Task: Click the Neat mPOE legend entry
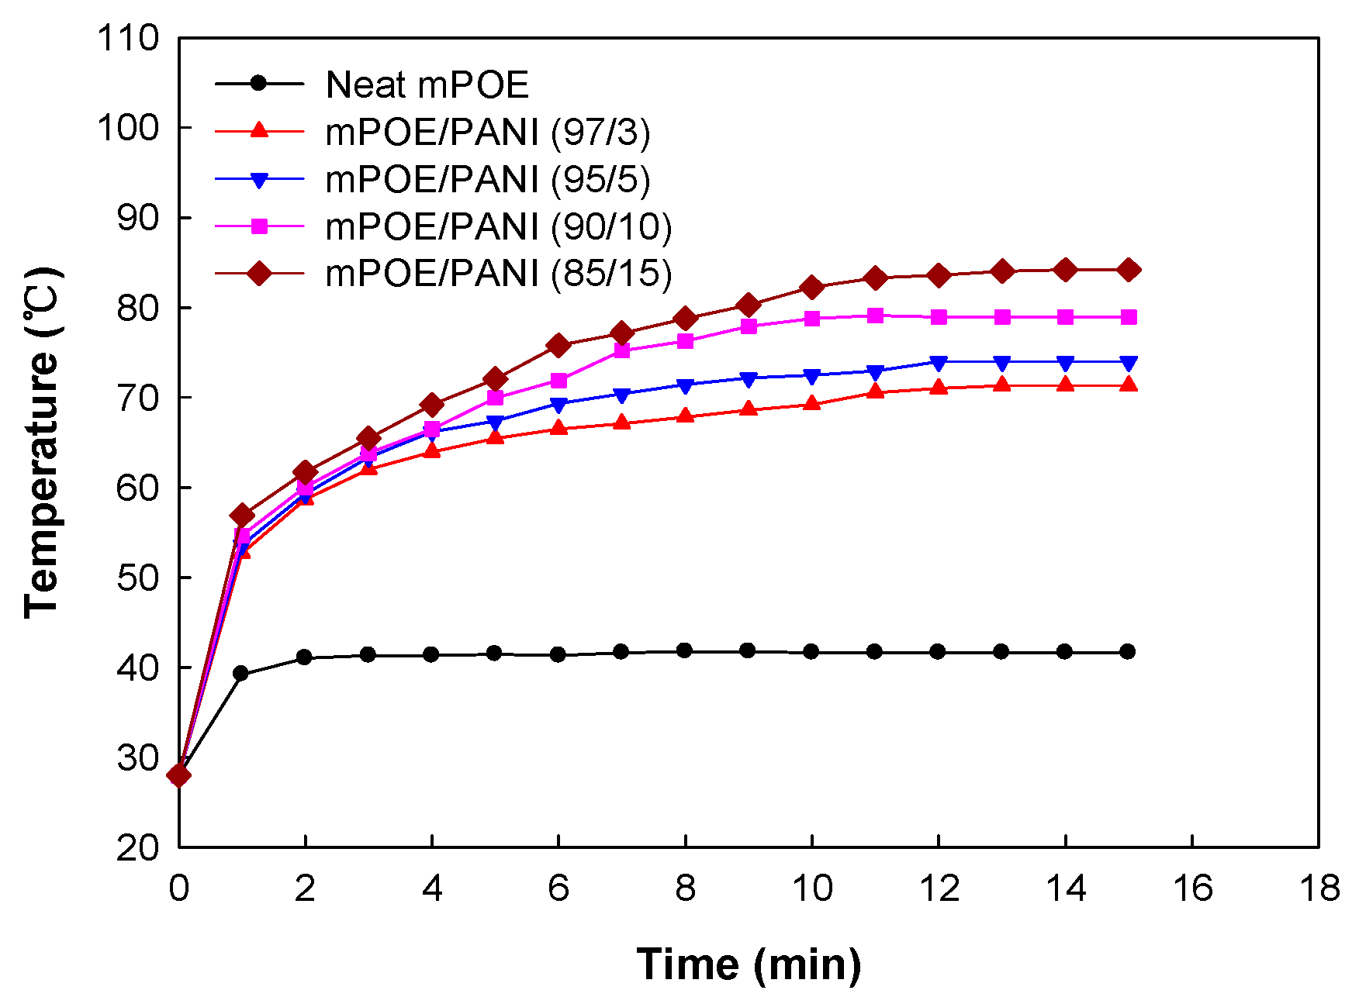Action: (x=427, y=85)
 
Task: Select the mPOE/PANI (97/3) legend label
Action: (x=487, y=132)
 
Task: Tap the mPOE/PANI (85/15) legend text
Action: (x=498, y=273)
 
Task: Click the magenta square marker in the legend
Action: (x=260, y=226)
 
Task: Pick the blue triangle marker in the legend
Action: (x=260, y=180)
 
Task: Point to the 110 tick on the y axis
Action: (x=128, y=38)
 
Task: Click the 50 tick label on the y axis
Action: (x=137, y=578)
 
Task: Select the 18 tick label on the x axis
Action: (x=1319, y=888)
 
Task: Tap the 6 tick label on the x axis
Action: (x=558, y=888)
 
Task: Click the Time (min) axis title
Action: (x=749, y=964)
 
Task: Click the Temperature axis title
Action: (x=42, y=442)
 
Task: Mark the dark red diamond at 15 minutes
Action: (x=1129, y=270)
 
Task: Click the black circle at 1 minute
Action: (x=241, y=674)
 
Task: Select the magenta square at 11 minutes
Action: (x=875, y=316)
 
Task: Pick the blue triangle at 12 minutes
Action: (x=939, y=363)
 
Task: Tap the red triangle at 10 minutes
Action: (x=812, y=403)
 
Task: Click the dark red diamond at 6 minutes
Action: (x=558, y=346)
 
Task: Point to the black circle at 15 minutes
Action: (x=1128, y=651)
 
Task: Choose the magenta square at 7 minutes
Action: (x=622, y=350)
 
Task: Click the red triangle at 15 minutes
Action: (x=1129, y=385)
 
